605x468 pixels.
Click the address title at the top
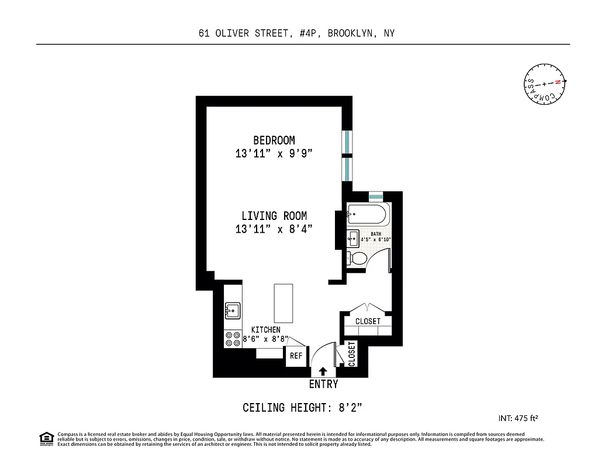(x=296, y=33)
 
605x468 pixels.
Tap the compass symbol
(x=544, y=84)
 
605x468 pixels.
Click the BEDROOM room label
(x=274, y=140)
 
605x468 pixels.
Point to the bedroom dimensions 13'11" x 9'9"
(x=274, y=154)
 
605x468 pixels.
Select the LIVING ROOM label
(x=274, y=216)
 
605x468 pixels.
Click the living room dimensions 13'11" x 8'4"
(x=274, y=229)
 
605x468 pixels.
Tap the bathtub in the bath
(x=367, y=214)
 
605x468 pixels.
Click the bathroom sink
(x=353, y=239)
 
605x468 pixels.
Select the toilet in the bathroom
(x=357, y=258)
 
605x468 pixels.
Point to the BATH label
(x=375, y=233)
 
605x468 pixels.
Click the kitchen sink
(x=232, y=310)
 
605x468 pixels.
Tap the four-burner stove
(x=233, y=339)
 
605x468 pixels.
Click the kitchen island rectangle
(x=284, y=303)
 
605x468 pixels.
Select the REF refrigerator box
(x=296, y=356)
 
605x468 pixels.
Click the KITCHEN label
(x=266, y=330)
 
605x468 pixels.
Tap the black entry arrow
(x=323, y=371)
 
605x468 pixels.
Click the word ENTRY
(x=323, y=384)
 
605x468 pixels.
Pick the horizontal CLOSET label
(x=368, y=321)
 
